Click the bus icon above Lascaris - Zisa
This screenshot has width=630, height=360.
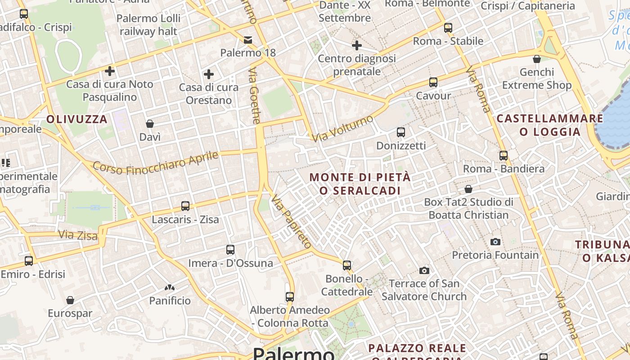click(185, 206)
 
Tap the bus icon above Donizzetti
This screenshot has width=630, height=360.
click(401, 132)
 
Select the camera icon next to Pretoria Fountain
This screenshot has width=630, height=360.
click(495, 242)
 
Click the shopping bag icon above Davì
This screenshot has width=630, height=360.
click(150, 124)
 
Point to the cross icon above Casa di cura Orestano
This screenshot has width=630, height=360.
click(208, 74)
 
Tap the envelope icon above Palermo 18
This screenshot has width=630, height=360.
click(248, 40)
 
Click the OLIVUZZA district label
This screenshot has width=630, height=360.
click(77, 119)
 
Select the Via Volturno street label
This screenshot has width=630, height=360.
click(343, 128)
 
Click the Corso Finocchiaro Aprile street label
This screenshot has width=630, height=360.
click(155, 162)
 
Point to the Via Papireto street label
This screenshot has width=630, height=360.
click(291, 222)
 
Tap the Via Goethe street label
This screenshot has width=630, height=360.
click(255, 95)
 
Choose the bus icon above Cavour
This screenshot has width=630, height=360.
click(433, 82)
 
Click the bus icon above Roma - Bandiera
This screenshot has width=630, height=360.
click(504, 156)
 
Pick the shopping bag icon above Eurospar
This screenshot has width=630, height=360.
click(70, 300)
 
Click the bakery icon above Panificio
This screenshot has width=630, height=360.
click(170, 288)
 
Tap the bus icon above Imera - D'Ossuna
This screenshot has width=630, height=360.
click(230, 250)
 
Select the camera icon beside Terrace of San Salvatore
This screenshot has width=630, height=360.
click(424, 270)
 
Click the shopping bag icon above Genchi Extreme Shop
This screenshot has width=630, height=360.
click(536, 59)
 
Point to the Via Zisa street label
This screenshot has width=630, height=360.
click(78, 235)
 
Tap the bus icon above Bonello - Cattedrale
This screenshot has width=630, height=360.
click(347, 265)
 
